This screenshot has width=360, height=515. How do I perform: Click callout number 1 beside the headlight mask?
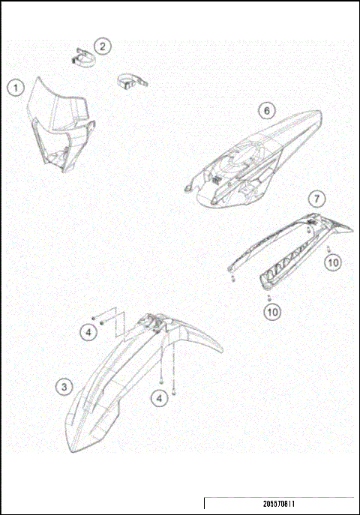pyautogui.click(x=14, y=87)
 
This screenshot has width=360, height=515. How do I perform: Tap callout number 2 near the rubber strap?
pyautogui.click(x=102, y=46)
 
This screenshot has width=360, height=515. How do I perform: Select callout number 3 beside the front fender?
pyautogui.click(x=66, y=387)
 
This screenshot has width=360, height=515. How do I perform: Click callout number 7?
pyautogui.click(x=318, y=199)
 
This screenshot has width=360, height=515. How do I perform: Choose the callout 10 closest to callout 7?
pyautogui.click(x=333, y=262)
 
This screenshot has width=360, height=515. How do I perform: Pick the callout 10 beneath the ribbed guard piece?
pyautogui.click(x=269, y=310)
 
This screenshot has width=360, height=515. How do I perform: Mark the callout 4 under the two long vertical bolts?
pyautogui.click(x=159, y=398)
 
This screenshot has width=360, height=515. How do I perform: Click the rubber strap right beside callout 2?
pyautogui.click(x=82, y=57)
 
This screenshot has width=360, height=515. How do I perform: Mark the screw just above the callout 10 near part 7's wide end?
pyautogui.click(x=330, y=247)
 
